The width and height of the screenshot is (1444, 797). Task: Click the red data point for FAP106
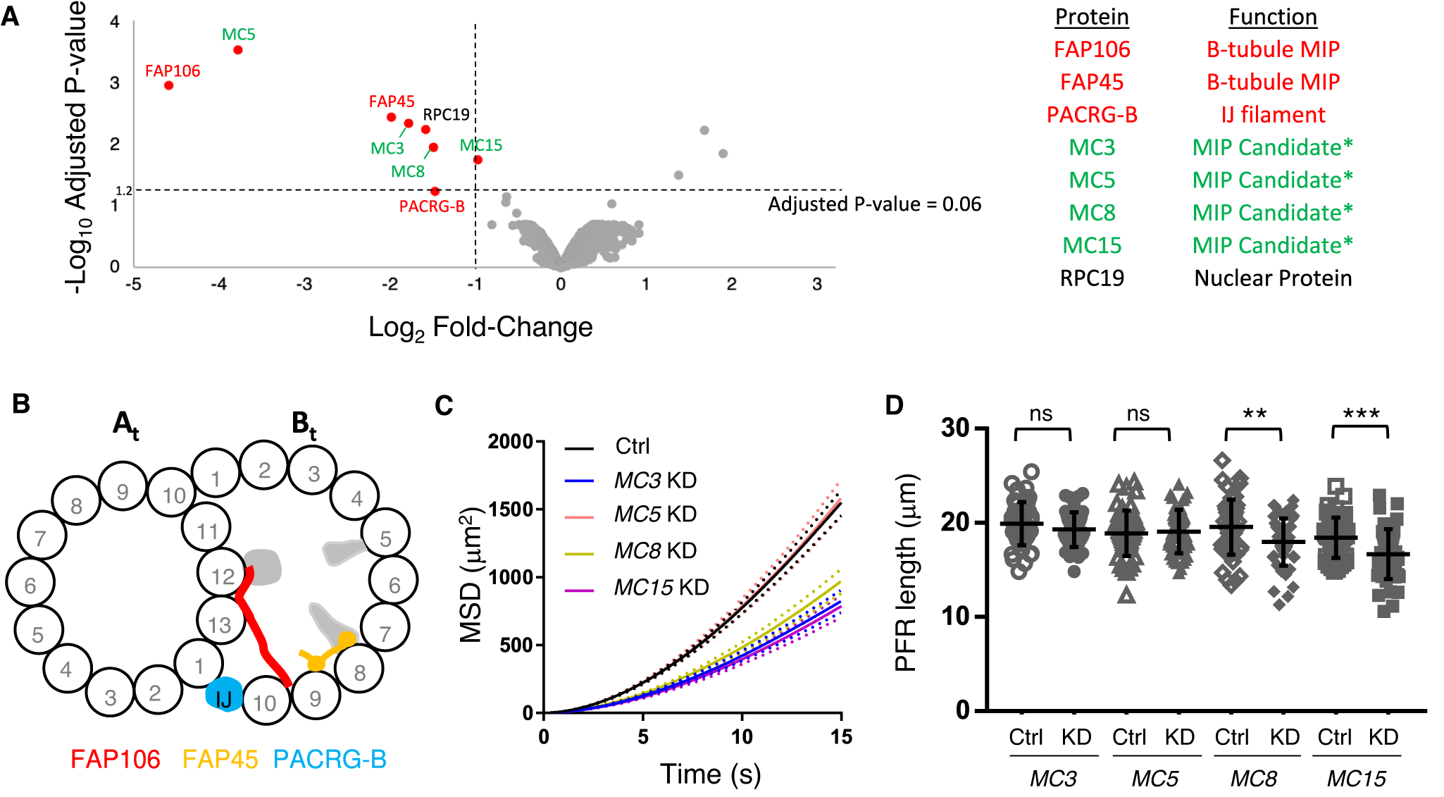[x=168, y=85]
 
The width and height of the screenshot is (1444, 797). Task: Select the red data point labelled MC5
[x=238, y=50]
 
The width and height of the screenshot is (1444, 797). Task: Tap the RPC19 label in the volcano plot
[x=446, y=114]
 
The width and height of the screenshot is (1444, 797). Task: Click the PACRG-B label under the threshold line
[x=432, y=206]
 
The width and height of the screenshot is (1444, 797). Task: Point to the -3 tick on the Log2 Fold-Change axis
[x=304, y=284]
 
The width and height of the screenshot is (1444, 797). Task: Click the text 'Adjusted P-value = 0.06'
[x=874, y=204]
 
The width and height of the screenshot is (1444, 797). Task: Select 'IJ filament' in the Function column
[x=1273, y=114]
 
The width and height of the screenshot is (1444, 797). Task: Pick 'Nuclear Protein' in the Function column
[x=1273, y=278]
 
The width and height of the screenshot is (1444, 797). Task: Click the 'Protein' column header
[x=1091, y=17]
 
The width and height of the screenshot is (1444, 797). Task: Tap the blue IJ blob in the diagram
[x=224, y=695]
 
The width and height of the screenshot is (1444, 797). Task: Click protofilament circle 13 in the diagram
[x=219, y=624]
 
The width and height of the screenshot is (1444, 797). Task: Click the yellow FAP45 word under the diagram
[x=220, y=759]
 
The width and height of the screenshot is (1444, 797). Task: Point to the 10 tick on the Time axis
[x=742, y=737]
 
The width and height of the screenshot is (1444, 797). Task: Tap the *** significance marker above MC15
[x=1360, y=414]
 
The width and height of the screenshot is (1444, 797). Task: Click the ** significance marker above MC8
[x=1254, y=414]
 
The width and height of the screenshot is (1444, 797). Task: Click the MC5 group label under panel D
[x=1154, y=779]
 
